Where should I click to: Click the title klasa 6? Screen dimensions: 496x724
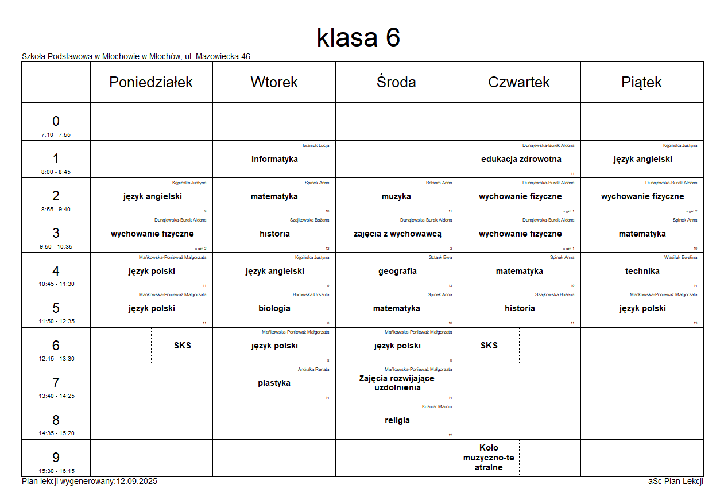tap(358, 38)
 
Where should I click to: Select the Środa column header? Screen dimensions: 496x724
tap(396, 82)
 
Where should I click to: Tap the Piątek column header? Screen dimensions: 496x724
tap(641, 82)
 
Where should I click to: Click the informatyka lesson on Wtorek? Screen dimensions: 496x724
tap(274, 159)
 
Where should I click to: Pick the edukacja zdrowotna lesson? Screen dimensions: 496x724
tap(521, 159)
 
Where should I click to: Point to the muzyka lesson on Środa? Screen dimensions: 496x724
tap(396, 196)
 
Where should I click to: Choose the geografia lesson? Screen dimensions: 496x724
tap(397, 271)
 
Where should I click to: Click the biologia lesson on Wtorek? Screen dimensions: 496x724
tap(274, 308)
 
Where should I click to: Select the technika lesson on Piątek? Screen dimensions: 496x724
tap(642, 271)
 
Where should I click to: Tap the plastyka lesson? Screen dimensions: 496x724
tap(274, 383)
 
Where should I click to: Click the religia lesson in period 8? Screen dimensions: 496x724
tap(397, 420)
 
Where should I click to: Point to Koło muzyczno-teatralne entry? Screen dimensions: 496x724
tap(489, 458)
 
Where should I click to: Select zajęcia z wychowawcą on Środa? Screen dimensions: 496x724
tap(397, 234)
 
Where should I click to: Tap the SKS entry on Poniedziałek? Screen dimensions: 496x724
tap(183, 346)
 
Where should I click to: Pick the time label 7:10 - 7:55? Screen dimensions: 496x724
tap(56, 135)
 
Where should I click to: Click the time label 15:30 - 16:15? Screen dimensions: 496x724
tap(56, 471)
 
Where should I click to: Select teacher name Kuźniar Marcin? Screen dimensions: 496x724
tap(437, 406)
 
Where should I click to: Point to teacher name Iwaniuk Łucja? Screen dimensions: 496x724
tap(316, 145)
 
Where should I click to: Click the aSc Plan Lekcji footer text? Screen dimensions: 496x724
tap(676, 481)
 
